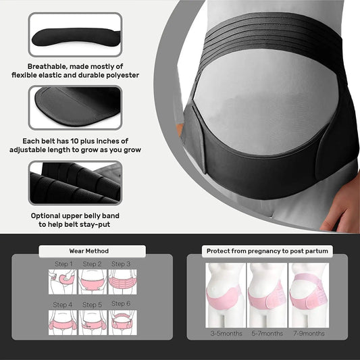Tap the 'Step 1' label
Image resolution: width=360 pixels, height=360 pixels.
[x=63, y=264]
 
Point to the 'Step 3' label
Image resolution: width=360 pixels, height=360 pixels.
[x=121, y=264]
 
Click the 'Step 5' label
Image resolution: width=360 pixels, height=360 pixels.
[x=92, y=305]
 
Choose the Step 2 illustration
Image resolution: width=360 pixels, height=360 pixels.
[x=92, y=281]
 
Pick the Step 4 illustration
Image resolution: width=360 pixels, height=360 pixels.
[x=63, y=322]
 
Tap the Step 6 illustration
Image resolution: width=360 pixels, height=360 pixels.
[x=121, y=322]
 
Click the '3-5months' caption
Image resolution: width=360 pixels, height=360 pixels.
[x=226, y=334]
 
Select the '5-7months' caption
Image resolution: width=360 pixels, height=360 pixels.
[x=268, y=334]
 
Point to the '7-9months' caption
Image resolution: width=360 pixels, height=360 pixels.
[x=309, y=334]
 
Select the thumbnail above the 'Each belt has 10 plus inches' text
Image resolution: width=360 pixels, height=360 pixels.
[x=75, y=107]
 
